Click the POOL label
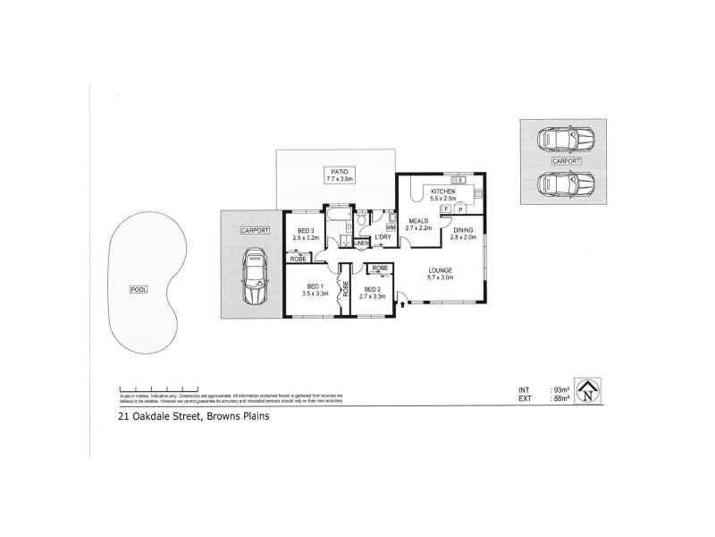(x=137, y=289)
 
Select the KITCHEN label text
(x=443, y=192)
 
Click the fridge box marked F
(x=446, y=209)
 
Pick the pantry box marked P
(x=460, y=209)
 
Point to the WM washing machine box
(x=391, y=227)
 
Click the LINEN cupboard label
(x=362, y=243)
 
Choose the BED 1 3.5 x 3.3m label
(x=315, y=288)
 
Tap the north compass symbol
(x=587, y=391)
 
